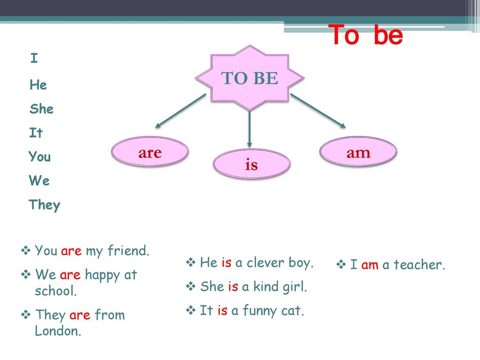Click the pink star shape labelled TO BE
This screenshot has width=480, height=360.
pos(250,78)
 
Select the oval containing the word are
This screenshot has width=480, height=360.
pos(150,151)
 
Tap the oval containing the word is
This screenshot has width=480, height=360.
pos(251,164)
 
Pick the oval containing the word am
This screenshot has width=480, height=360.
pos(358,151)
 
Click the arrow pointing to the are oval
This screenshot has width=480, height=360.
pos(180,111)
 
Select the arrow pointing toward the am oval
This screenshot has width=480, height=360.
pos(318,111)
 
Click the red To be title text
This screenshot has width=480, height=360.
pos(366,35)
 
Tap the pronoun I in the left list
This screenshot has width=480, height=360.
pos(34,58)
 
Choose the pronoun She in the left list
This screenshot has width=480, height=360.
pos(41,109)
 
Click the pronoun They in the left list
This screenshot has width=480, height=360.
pos(45,205)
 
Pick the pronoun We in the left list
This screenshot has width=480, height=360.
pos(39,180)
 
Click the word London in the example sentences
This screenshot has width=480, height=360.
pos(58,331)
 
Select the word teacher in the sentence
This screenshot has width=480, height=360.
pos(419,264)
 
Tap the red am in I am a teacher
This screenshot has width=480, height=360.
pos(370,265)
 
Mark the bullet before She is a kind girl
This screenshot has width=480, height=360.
pos(190,286)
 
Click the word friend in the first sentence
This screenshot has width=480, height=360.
pos(128,251)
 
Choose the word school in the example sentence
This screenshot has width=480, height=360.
pos(55,291)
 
